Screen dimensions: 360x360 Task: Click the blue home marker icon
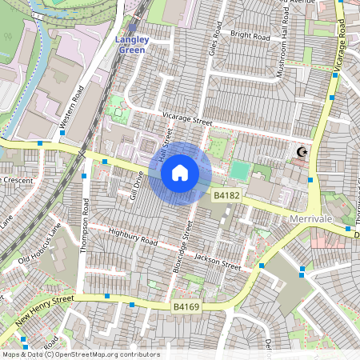[x=180, y=173]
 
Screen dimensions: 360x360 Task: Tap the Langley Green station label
[x=132, y=44]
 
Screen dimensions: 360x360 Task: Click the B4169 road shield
[x=186, y=306]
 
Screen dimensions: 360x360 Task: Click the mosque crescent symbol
[x=302, y=152]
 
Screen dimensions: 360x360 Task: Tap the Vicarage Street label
[x=185, y=120]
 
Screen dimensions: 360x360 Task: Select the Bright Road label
[x=252, y=34]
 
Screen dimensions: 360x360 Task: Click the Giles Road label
[x=214, y=37]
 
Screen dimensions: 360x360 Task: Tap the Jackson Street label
[x=217, y=262]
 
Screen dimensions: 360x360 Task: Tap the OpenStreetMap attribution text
[x=81, y=354]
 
